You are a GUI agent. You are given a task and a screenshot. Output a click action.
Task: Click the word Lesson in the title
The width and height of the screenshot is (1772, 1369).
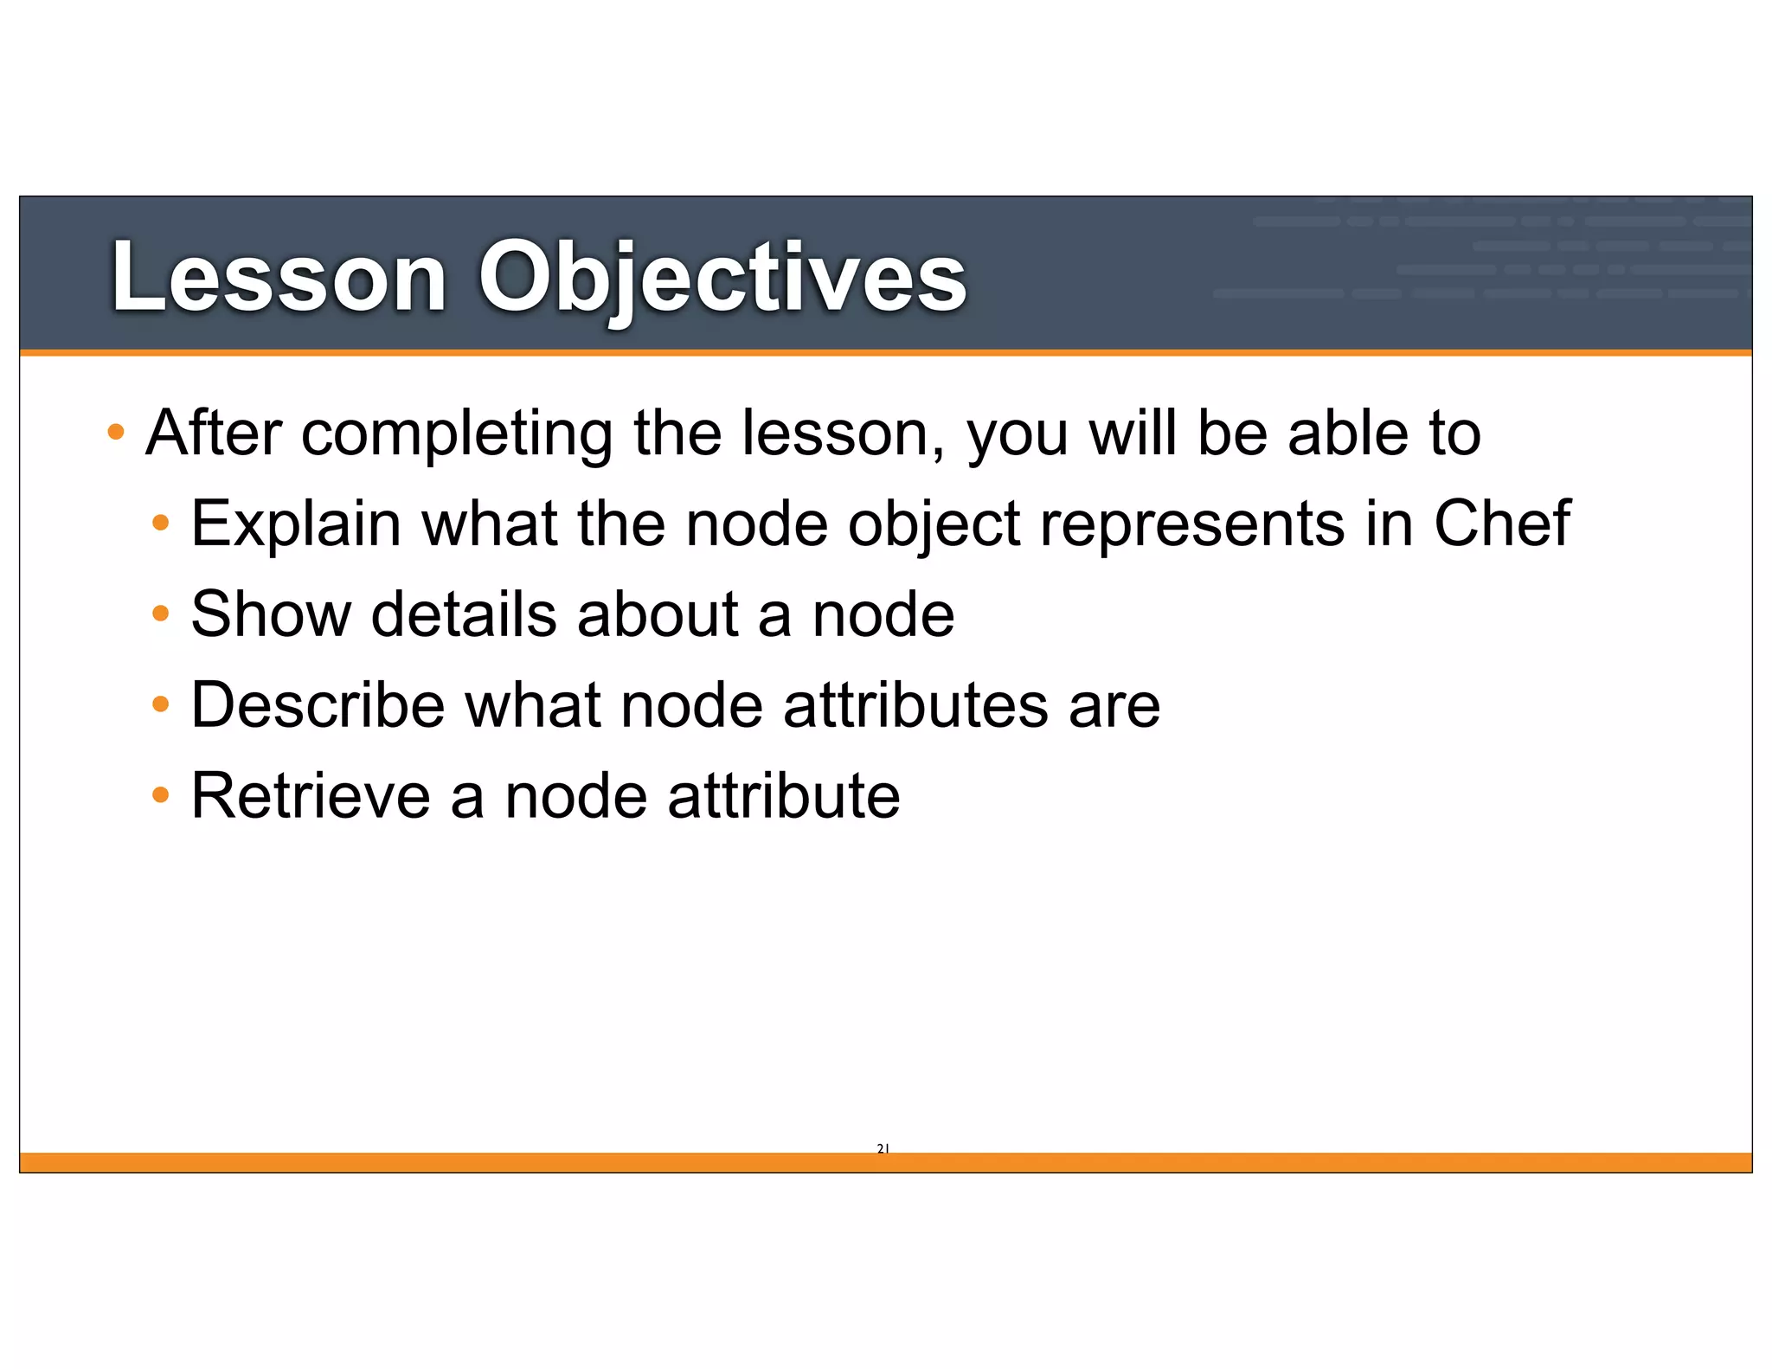coord(279,277)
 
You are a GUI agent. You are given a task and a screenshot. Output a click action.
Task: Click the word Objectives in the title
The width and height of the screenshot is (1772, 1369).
coord(722,277)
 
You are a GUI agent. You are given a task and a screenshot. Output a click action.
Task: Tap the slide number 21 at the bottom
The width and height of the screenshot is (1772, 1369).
coord(883,1148)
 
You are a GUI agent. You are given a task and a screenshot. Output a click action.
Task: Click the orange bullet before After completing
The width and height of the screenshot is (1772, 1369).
coord(116,431)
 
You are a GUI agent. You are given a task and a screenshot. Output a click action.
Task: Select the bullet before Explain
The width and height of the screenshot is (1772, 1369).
coord(160,522)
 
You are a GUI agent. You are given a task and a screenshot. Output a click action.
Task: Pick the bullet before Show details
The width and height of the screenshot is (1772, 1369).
coord(160,614)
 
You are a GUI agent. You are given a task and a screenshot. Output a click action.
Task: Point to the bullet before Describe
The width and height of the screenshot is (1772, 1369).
coord(160,704)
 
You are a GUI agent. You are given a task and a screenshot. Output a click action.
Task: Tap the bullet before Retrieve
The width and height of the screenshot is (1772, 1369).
coord(160,794)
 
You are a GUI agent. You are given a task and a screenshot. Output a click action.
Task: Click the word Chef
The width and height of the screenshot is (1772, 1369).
coord(1502,524)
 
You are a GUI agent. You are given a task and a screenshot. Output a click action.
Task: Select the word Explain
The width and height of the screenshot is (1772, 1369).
coord(296,524)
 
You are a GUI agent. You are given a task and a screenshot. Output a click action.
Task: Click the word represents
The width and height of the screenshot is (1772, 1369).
coord(1192,524)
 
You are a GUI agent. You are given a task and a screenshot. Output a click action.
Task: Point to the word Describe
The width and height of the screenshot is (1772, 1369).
coord(318,704)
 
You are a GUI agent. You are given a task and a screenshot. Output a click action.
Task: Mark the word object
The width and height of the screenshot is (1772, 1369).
coord(934,524)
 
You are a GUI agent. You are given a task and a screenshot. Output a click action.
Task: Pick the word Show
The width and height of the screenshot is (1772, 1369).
coord(271,614)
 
